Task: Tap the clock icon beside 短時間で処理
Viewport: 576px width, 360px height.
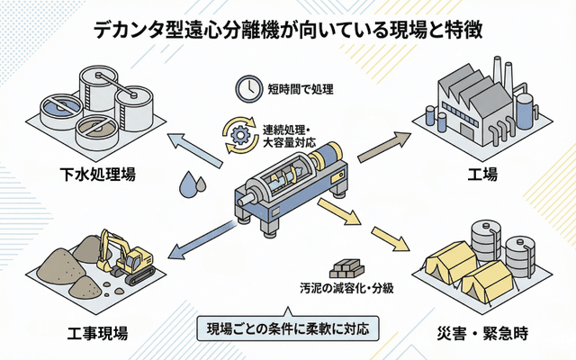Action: click(x=245, y=87)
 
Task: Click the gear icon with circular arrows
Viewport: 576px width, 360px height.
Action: click(x=239, y=134)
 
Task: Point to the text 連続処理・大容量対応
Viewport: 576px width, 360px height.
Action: click(x=297, y=135)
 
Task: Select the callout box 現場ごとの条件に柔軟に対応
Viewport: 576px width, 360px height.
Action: click(x=287, y=326)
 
